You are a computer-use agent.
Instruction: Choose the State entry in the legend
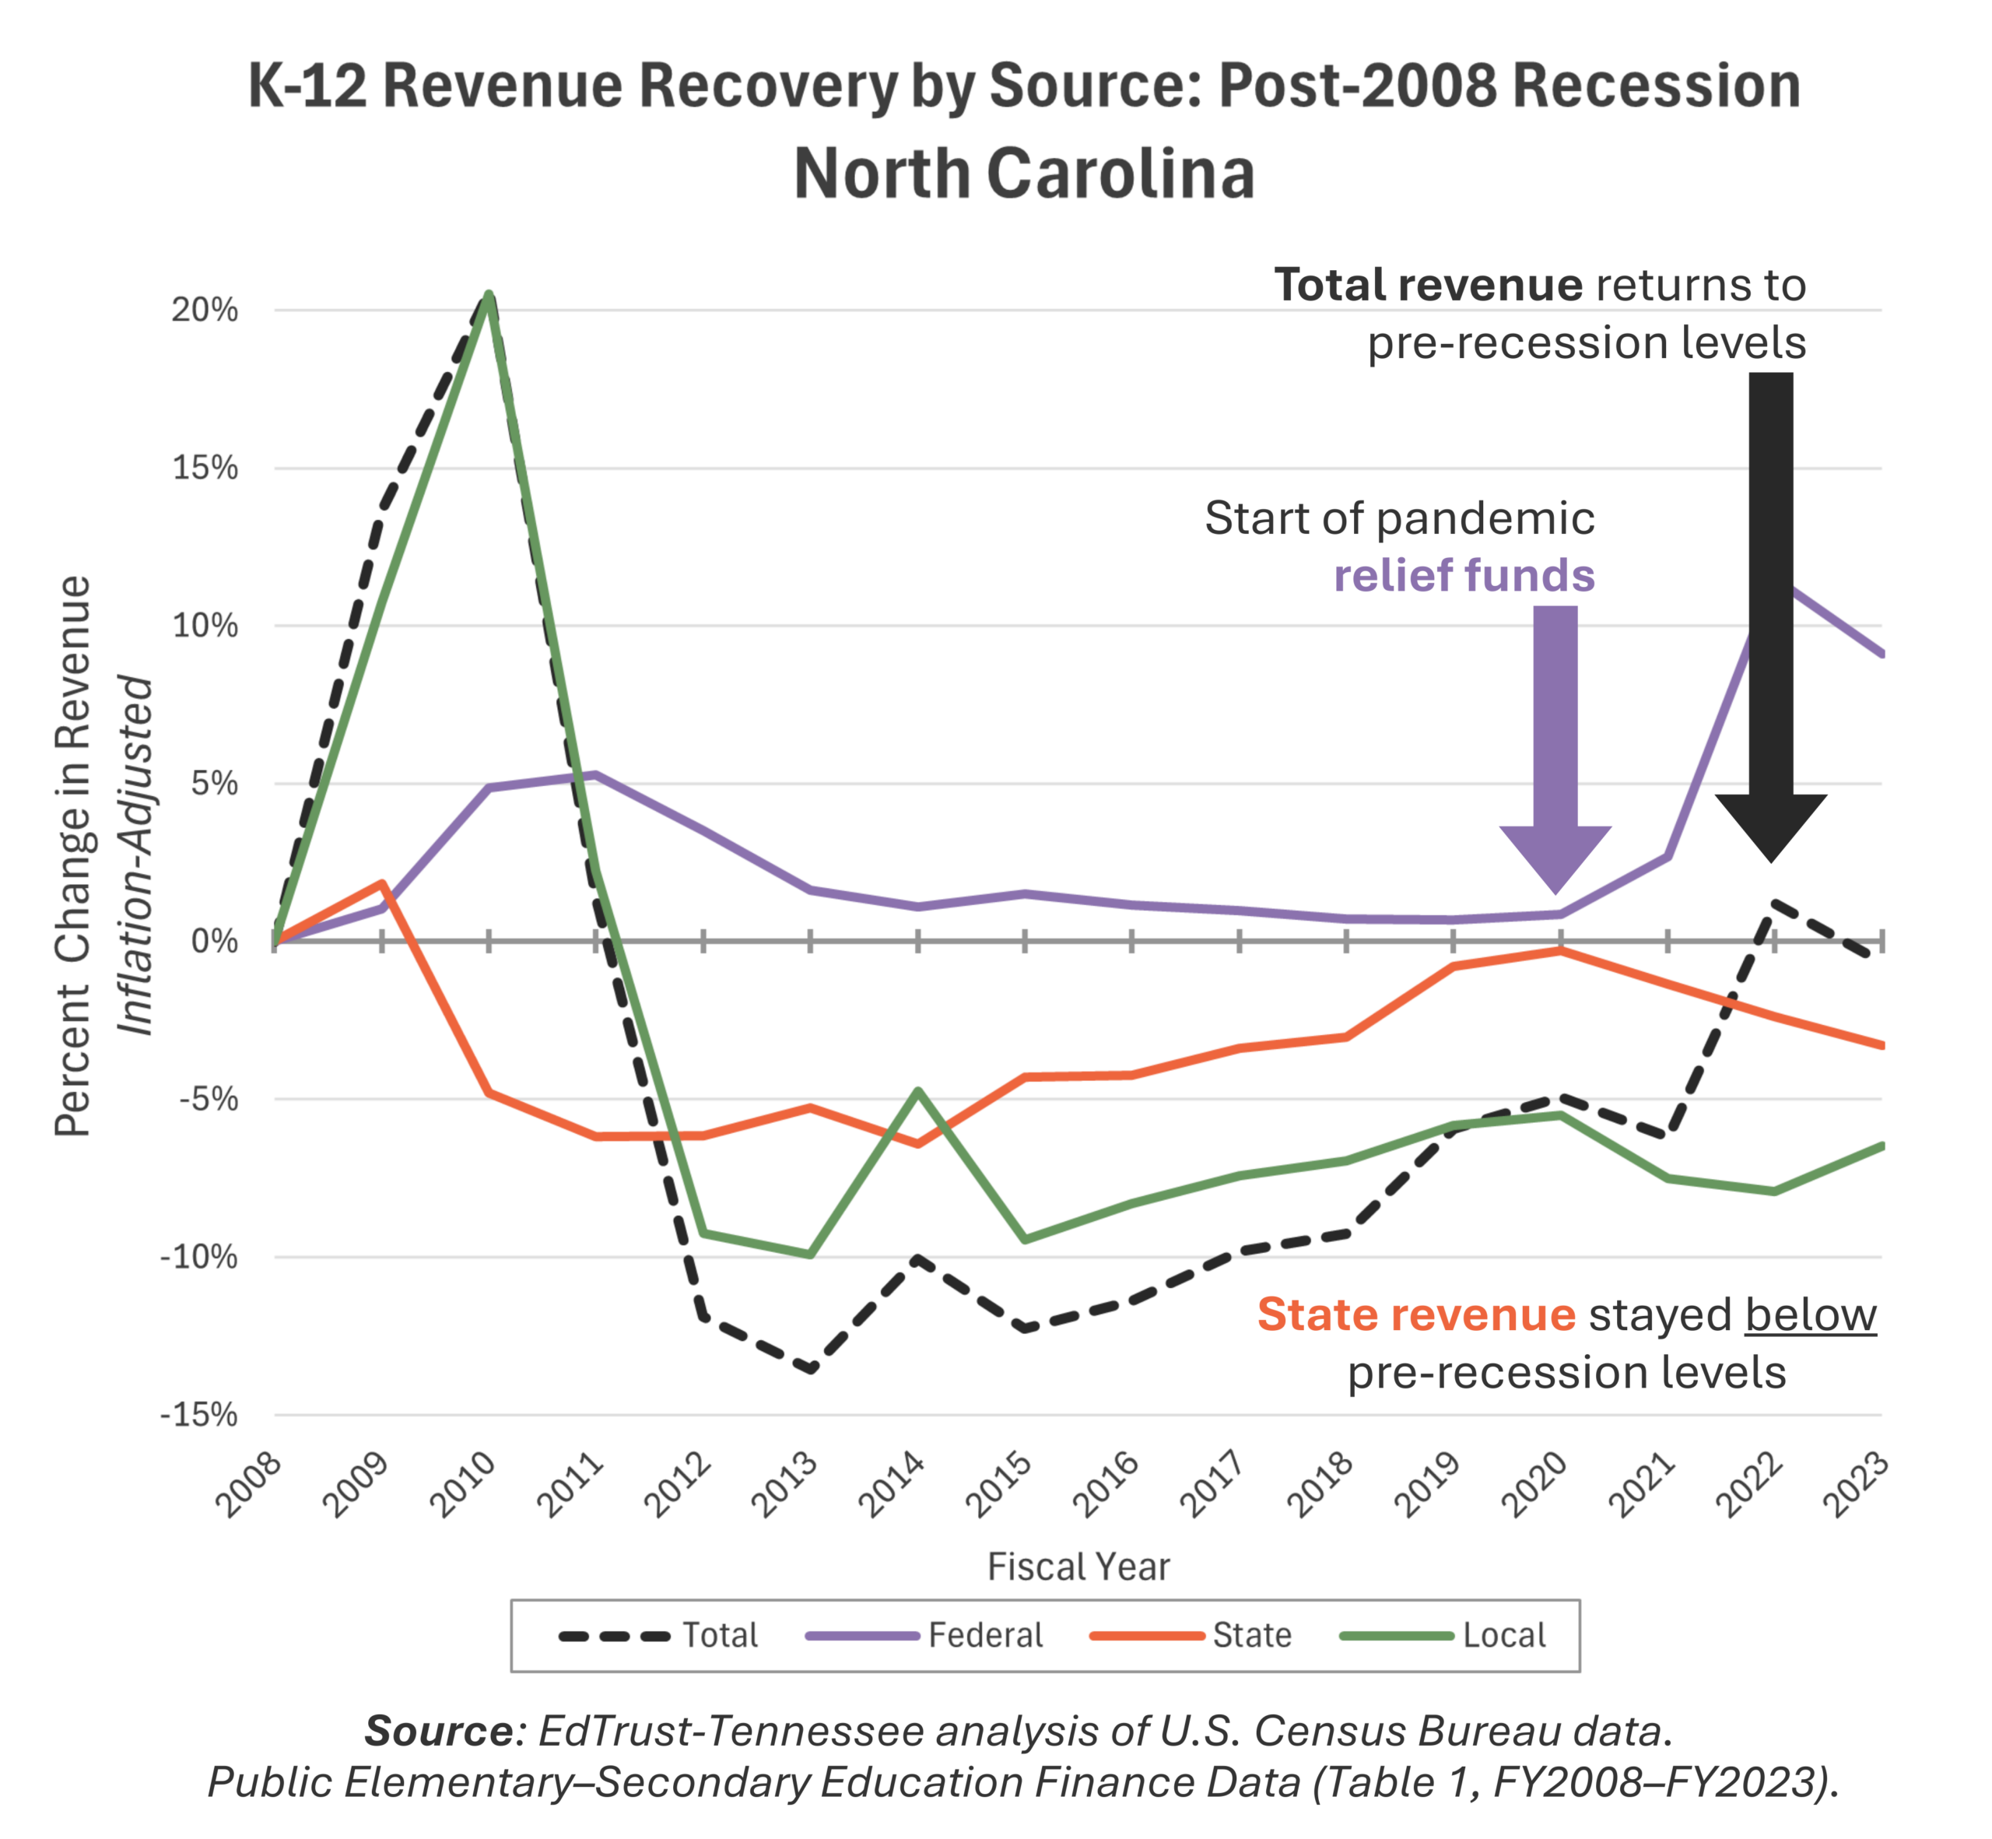click(x=1250, y=1635)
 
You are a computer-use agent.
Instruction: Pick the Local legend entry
click(x=1503, y=1635)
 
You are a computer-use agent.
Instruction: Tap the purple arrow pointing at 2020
click(x=1555, y=746)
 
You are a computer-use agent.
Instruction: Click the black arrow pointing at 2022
click(x=1771, y=617)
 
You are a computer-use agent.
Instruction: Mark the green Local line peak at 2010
click(x=489, y=296)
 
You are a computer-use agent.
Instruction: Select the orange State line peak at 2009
click(x=382, y=883)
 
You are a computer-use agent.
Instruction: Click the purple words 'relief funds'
click(x=1464, y=576)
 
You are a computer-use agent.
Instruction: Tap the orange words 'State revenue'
click(x=1416, y=1314)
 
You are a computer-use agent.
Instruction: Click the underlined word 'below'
click(x=1810, y=1314)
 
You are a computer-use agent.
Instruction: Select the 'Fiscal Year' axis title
click(x=1078, y=1567)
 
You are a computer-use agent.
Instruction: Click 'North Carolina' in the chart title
click(x=1024, y=174)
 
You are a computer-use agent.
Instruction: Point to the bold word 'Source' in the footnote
click(x=439, y=1732)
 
